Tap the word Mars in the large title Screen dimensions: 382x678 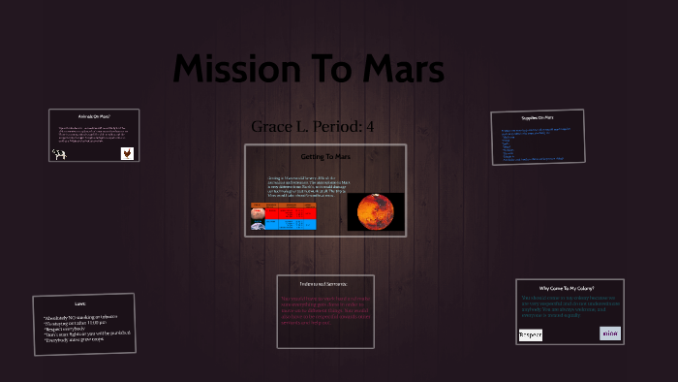tap(396, 70)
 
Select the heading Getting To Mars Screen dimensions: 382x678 tap(324, 155)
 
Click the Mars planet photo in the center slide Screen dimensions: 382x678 tap(375, 211)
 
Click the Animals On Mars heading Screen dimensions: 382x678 tap(94, 115)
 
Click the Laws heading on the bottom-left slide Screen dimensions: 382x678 tap(80, 303)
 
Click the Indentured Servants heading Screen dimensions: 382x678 tap(325, 283)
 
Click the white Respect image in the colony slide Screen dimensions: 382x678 tap(531, 334)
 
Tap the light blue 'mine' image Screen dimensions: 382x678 tap(610, 333)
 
